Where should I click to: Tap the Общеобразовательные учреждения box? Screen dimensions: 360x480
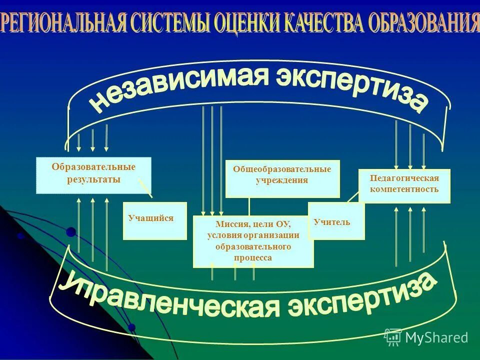point(282,178)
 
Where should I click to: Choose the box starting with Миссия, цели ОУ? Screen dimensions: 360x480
point(253,242)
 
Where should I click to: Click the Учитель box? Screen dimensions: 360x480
point(336,221)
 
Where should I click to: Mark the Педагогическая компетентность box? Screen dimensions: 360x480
point(404,185)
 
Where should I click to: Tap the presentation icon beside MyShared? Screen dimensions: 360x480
point(392,336)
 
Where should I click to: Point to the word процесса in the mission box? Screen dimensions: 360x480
point(253,258)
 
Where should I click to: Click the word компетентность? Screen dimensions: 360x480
point(404,189)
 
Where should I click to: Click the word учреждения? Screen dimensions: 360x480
point(282,180)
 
